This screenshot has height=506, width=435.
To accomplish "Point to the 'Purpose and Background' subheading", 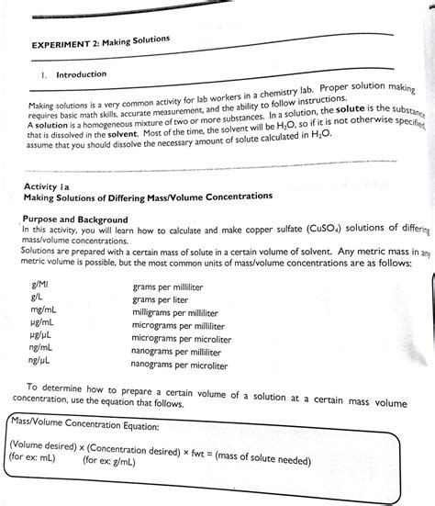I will pyautogui.click(x=75, y=219).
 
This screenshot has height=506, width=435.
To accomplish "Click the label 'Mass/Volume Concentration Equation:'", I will pyautogui.click(x=83, y=425).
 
